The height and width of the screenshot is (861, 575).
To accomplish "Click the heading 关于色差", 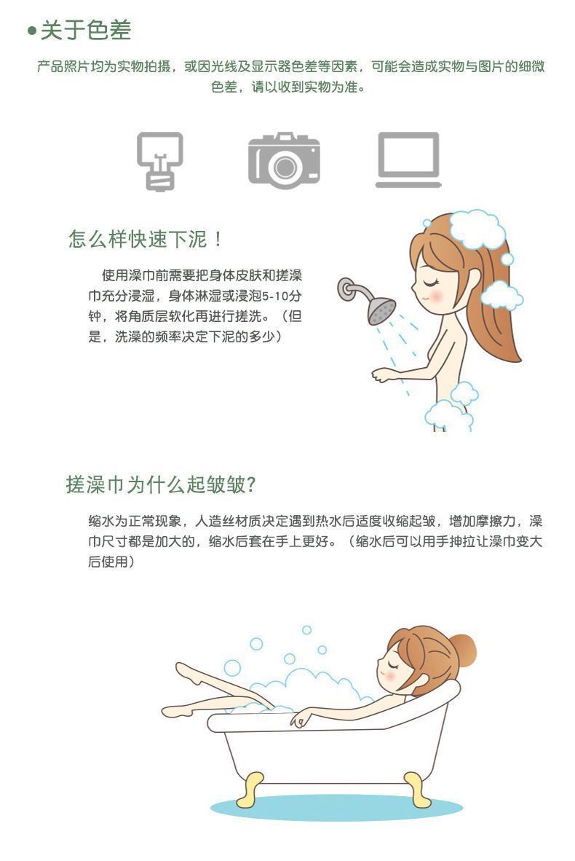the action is pyautogui.click(x=86, y=30).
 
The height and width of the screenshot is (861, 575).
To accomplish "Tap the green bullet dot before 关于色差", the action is pyautogui.click(x=32, y=30).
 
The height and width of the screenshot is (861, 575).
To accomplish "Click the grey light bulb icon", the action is pyautogui.click(x=159, y=161).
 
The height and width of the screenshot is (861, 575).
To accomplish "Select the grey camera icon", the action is pyautogui.click(x=284, y=160).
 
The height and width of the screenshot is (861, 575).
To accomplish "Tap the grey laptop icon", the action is pyautogui.click(x=408, y=160).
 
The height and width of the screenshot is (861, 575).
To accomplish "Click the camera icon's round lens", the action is pyautogui.click(x=285, y=167).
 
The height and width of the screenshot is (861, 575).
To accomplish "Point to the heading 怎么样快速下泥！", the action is pyautogui.click(x=146, y=240).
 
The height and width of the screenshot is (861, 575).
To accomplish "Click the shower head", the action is pyautogui.click(x=381, y=311).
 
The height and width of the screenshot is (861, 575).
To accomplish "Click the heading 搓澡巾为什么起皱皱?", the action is pyautogui.click(x=161, y=484).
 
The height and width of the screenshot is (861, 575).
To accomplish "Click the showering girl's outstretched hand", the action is pyautogui.click(x=383, y=374).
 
